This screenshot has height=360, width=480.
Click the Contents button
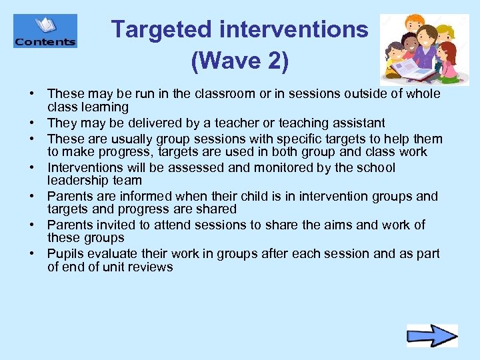tap(45, 31)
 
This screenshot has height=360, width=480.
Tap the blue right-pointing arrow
tap(432, 335)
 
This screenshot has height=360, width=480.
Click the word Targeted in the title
tap(160, 30)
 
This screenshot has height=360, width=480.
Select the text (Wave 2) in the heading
tap(239, 62)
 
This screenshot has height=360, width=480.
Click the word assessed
tap(201, 168)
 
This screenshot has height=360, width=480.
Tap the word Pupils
tap(65, 255)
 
